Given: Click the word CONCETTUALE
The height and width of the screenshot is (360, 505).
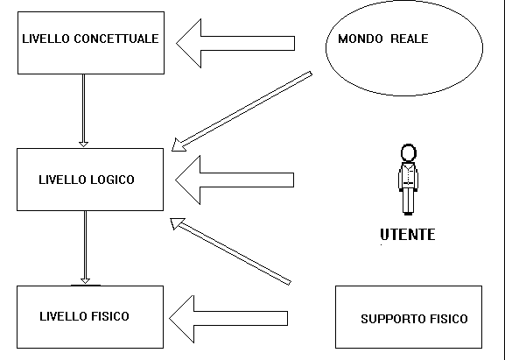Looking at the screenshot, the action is click(x=116, y=39).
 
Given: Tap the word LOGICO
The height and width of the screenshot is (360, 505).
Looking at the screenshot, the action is click(x=112, y=180).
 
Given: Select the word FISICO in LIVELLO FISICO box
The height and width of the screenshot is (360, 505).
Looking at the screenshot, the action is click(x=109, y=316).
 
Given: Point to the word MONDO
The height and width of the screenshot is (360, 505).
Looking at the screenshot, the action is click(x=360, y=39).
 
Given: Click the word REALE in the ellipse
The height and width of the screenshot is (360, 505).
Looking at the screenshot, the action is click(x=410, y=39).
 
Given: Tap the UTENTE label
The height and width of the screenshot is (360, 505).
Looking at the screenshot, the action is click(x=408, y=234).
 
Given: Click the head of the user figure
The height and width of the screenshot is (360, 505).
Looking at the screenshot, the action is click(x=409, y=152).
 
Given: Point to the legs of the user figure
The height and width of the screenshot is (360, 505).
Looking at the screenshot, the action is click(x=408, y=201).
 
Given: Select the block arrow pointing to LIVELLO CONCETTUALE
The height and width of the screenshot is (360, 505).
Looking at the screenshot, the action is click(x=235, y=43).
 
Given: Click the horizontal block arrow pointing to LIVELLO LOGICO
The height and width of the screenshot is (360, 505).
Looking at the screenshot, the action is click(x=235, y=180).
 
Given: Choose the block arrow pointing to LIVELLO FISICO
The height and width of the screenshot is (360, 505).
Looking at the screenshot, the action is click(x=228, y=319).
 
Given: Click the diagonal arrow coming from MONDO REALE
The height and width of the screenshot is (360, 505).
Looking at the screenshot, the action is click(x=242, y=111).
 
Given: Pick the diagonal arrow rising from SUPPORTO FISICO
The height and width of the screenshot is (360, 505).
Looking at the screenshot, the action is click(x=230, y=251).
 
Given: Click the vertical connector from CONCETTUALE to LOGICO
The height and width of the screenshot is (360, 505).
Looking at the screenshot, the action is click(x=83, y=110).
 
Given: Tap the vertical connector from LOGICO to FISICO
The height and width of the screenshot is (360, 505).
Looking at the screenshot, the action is click(x=85, y=247).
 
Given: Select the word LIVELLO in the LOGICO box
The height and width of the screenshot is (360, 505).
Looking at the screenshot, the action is click(x=63, y=180).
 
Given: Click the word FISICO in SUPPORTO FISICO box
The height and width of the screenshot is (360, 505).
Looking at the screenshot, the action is click(x=448, y=319).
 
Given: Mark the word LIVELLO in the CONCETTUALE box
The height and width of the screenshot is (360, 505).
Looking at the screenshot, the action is click(x=46, y=39).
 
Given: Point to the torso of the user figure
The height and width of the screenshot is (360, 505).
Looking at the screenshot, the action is click(x=409, y=176).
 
